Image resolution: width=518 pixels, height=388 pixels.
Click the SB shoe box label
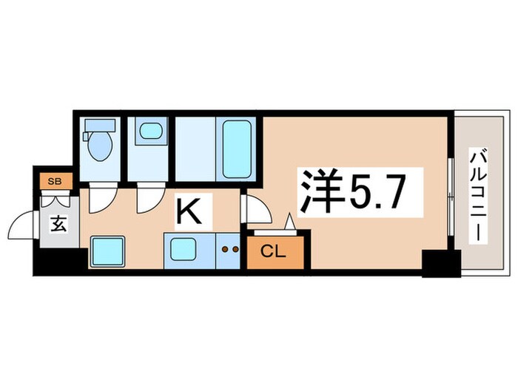point(53,180)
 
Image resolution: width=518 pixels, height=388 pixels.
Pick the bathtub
point(237,148)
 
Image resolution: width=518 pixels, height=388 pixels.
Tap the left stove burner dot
point(226,250)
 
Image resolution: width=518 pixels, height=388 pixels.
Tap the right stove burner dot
point(236,250)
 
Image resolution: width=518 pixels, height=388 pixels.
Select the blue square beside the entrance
point(107,251)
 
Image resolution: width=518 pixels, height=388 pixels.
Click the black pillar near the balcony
point(437,263)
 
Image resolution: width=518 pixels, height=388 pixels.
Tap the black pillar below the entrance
point(59,262)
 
